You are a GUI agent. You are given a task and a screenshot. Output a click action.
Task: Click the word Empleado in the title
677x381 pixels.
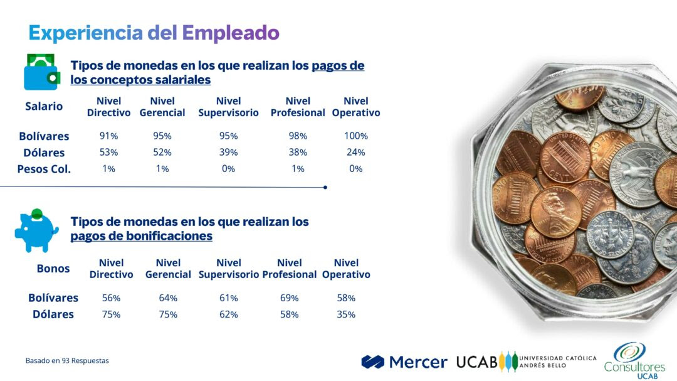(x=231, y=33)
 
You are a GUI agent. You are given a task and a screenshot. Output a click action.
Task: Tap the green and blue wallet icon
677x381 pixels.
(x=41, y=72)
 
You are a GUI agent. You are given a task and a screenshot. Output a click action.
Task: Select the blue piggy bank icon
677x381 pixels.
(x=37, y=230)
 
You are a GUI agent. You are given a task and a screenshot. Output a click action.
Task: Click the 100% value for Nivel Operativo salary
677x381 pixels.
(x=356, y=136)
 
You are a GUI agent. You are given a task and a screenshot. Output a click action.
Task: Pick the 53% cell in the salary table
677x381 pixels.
(x=108, y=153)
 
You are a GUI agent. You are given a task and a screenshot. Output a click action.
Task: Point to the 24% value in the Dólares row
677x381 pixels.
(x=356, y=153)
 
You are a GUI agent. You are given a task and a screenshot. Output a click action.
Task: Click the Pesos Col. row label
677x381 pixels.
(x=44, y=169)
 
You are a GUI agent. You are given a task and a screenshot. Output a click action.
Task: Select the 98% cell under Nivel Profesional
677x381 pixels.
(x=298, y=136)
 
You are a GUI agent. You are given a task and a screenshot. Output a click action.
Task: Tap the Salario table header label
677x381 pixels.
(x=44, y=106)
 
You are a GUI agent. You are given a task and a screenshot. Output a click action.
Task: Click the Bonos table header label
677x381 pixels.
(x=53, y=269)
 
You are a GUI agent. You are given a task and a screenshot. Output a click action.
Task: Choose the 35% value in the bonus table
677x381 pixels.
(x=346, y=314)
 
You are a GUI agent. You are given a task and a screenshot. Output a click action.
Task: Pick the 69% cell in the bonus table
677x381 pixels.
(x=289, y=298)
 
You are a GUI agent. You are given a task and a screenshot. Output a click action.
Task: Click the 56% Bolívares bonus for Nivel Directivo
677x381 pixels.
(x=111, y=298)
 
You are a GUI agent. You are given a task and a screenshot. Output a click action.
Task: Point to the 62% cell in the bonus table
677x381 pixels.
(x=228, y=314)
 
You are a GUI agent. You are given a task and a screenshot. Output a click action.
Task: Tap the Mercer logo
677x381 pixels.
(x=404, y=362)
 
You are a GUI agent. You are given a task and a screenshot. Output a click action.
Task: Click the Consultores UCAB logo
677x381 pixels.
(x=634, y=361)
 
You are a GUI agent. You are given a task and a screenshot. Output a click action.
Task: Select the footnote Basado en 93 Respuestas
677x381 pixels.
(x=67, y=361)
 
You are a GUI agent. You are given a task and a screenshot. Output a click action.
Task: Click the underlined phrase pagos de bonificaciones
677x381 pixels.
(x=141, y=236)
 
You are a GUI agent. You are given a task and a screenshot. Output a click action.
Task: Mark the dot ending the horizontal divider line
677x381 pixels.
(x=325, y=187)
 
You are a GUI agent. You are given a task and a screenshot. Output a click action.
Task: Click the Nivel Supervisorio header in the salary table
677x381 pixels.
(x=228, y=107)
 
